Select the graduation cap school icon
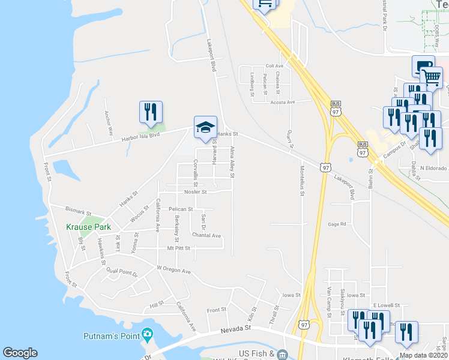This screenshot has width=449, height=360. (205, 126)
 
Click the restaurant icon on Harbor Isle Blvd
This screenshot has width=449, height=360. (151, 112)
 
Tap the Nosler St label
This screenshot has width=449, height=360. (196, 193)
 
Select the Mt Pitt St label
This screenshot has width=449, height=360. (178, 248)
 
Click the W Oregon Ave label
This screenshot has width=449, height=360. (173, 271)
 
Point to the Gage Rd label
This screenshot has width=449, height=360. (337, 224)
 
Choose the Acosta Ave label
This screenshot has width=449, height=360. (282, 102)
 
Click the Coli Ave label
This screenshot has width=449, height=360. (274, 67)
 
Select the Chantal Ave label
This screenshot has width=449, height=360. (206, 235)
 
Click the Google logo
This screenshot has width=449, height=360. (20, 353)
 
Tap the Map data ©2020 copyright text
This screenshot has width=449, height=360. (423, 355)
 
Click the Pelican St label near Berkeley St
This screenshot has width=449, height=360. (181, 209)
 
